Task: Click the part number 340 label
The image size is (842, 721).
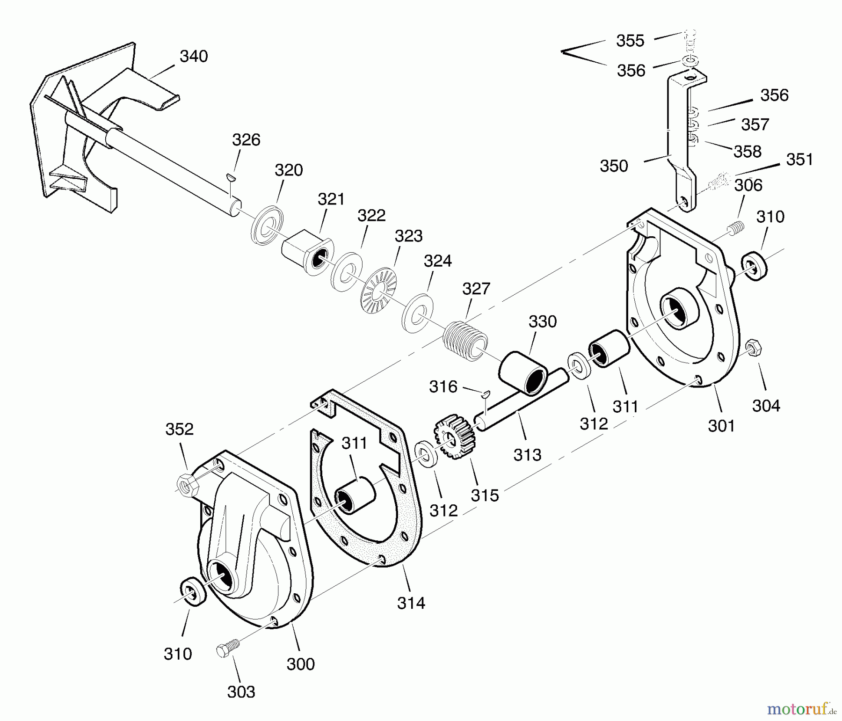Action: point(194,57)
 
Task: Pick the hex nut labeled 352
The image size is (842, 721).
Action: point(188,486)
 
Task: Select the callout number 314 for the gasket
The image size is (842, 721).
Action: point(411,604)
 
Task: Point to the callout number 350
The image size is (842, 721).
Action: point(614,166)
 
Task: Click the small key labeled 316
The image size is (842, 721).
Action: point(486,393)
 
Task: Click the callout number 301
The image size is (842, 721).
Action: point(721,426)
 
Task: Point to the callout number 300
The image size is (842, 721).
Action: point(300,664)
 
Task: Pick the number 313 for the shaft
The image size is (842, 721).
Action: point(527,455)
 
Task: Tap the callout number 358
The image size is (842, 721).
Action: point(748,152)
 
